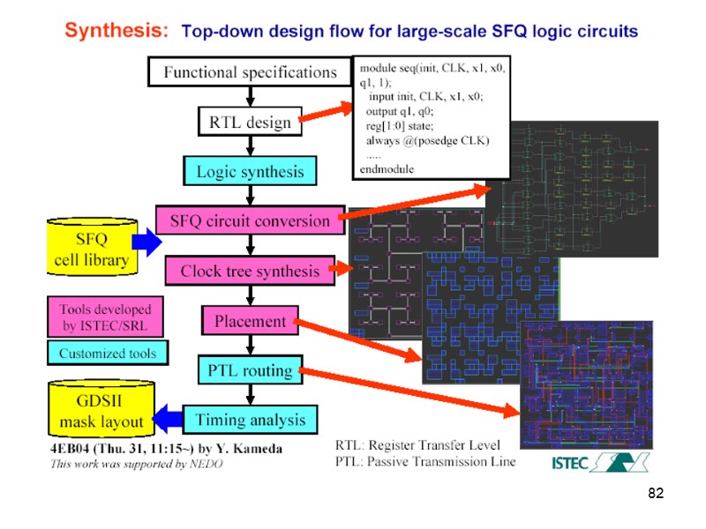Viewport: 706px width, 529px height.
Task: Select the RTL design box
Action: (x=249, y=123)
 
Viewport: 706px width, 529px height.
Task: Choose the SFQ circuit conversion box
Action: (x=249, y=221)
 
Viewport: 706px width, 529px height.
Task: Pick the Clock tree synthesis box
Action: (x=250, y=271)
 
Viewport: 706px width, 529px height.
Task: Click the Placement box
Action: (x=250, y=321)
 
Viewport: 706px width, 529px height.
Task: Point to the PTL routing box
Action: (x=250, y=370)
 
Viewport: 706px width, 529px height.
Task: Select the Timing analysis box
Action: (x=250, y=419)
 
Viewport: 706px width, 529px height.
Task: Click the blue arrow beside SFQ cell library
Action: (x=146, y=241)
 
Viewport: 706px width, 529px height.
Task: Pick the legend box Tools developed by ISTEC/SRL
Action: (x=105, y=317)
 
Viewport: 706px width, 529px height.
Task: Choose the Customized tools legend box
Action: (x=107, y=354)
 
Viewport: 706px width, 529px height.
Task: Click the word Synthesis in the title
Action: (x=116, y=31)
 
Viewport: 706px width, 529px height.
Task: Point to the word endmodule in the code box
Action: (x=387, y=168)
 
